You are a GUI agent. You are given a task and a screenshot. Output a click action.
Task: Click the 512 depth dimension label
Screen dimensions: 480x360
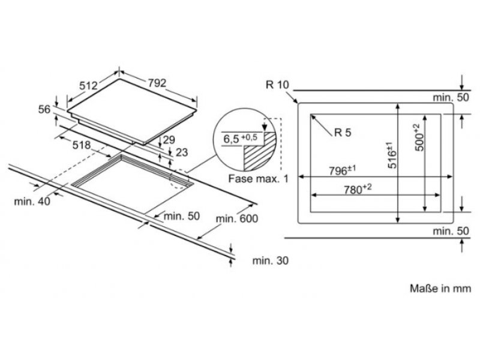click(x=88, y=86)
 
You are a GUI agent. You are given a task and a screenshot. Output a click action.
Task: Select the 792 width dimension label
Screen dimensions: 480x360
click(x=157, y=83)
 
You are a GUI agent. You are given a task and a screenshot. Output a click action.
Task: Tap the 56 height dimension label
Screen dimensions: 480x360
click(x=44, y=109)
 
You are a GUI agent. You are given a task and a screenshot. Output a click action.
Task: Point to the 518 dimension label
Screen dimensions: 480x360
click(x=82, y=145)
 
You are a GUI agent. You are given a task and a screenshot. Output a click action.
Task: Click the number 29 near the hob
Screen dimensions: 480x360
click(x=169, y=140)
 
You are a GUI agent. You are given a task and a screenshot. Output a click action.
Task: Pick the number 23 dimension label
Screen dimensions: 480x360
click(x=182, y=152)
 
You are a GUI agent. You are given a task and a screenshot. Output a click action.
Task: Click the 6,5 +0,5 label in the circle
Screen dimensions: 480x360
click(x=240, y=139)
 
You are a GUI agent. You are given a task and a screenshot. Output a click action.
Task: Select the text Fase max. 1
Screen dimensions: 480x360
click(x=259, y=179)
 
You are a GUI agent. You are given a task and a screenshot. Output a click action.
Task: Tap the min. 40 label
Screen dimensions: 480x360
click(x=32, y=202)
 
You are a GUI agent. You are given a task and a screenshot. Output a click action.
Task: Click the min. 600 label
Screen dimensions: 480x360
click(x=237, y=219)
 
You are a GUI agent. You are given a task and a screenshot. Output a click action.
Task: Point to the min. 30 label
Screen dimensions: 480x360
click(x=271, y=260)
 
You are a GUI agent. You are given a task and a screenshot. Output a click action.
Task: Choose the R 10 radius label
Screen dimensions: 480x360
click(x=277, y=85)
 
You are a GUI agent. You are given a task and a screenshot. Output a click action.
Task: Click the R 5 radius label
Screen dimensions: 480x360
click(x=343, y=133)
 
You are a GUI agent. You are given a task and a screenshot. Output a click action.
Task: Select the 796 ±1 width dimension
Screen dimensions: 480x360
click(x=342, y=170)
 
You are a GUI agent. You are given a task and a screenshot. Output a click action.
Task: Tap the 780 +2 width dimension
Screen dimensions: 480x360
click(x=358, y=189)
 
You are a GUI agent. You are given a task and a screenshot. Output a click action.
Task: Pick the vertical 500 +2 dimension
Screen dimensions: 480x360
click(x=419, y=137)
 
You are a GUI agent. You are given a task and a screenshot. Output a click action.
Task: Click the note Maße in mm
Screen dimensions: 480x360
click(x=440, y=289)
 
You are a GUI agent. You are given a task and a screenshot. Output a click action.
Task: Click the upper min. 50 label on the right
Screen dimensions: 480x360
click(x=451, y=97)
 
